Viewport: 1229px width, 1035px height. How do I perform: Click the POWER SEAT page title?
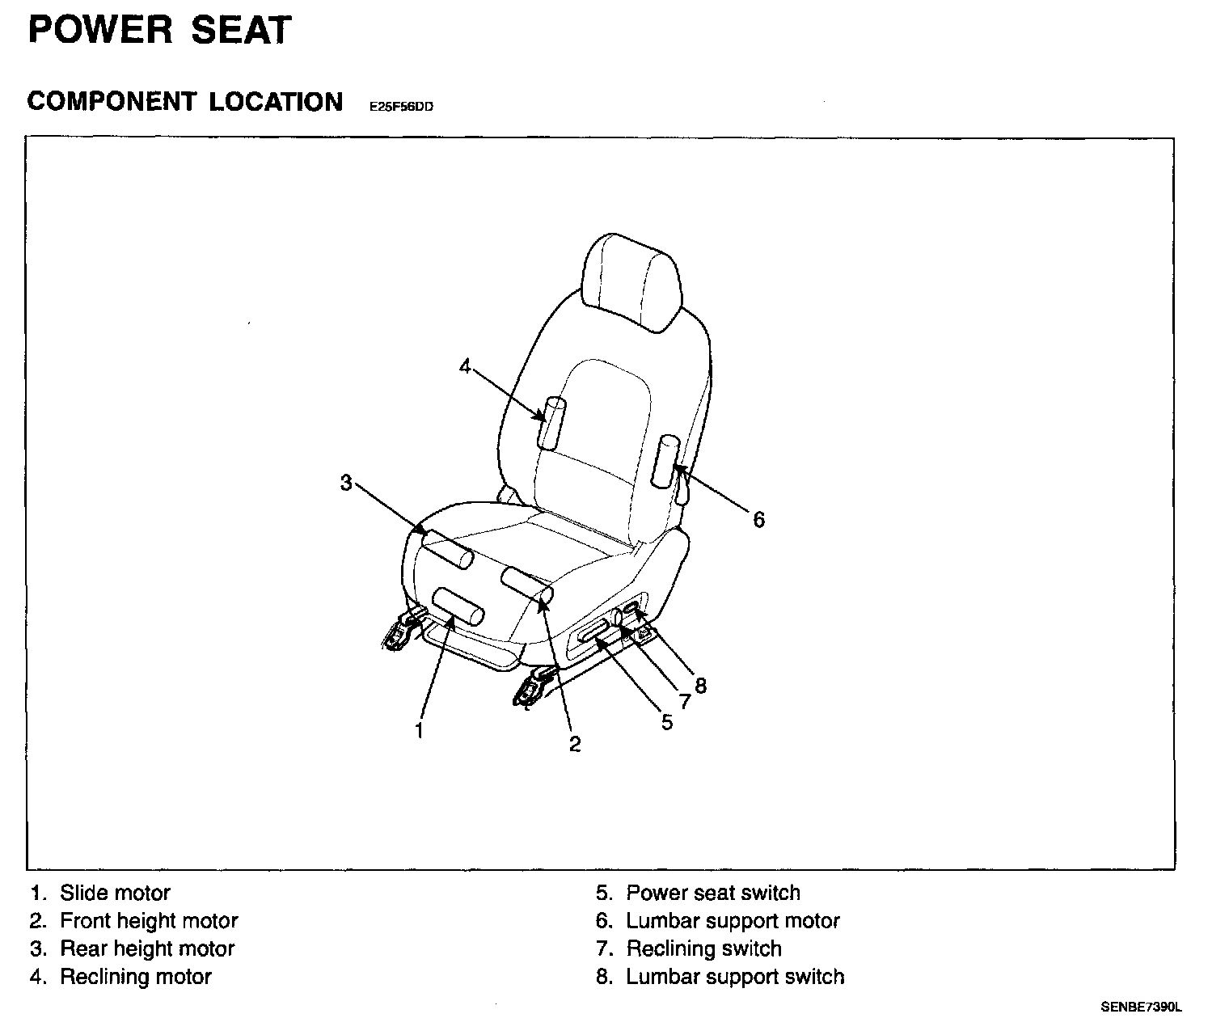[x=158, y=31]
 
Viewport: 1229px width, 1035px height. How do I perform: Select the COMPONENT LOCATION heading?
[x=185, y=102]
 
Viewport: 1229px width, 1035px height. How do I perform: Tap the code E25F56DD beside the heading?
[x=401, y=106]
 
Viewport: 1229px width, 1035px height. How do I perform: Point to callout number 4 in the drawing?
[x=465, y=366]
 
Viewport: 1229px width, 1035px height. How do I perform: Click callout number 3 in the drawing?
[x=346, y=483]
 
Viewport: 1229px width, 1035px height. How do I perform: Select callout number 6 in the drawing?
[x=758, y=519]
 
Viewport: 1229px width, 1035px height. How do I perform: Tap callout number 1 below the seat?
[x=419, y=731]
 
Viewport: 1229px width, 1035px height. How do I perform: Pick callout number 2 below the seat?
[x=575, y=744]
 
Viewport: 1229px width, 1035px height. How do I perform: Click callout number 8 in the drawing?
[x=700, y=686]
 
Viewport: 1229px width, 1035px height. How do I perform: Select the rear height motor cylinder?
[x=447, y=550]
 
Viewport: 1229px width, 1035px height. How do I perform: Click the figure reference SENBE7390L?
[x=1141, y=1008]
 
